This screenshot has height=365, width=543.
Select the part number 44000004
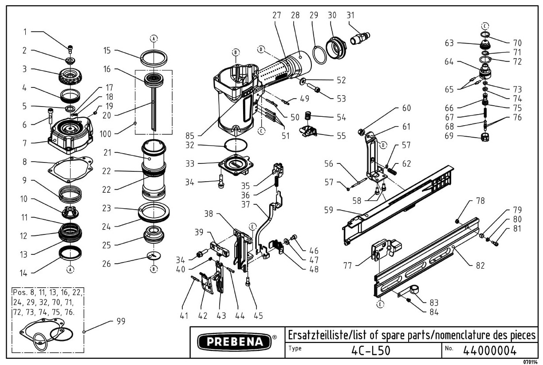click(490, 350)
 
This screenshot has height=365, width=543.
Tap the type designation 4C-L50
click(370, 350)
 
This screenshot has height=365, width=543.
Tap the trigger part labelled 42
click(207, 285)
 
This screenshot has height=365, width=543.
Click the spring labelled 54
click(307, 118)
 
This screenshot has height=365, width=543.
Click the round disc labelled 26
click(153, 256)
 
